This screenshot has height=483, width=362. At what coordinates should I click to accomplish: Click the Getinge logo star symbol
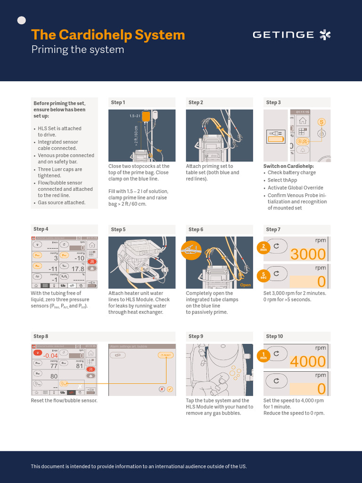click(325, 34)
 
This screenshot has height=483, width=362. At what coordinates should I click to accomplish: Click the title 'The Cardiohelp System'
click(108, 35)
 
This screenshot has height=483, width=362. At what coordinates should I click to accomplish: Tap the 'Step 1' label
click(118, 102)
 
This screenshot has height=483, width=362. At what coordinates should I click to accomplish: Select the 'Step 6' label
click(196, 229)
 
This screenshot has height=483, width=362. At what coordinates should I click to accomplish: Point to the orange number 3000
click(308, 254)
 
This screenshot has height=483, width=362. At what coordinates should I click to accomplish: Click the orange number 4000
click(308, 362)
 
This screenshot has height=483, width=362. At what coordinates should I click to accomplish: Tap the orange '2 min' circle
click(264, 247)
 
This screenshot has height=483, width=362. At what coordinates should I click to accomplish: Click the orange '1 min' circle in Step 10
click(264, 355)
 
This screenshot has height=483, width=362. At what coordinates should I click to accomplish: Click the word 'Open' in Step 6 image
click(245, 285)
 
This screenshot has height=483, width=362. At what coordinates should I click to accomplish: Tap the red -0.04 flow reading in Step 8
click(50, 356)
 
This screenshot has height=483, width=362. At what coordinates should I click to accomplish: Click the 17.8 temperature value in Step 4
click(78, 269)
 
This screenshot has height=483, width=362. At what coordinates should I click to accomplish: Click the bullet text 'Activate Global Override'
click(295, 188)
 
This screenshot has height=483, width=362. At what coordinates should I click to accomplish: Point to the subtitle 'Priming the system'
click(78, 50)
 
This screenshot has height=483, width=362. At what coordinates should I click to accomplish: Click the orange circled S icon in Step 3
click(321, 122)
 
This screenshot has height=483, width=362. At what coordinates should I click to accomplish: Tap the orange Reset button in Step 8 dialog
click(165, 355)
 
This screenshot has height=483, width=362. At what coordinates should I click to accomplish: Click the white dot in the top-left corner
click(21, 20)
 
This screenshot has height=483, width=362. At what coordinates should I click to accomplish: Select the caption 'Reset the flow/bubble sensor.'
click(64, 400)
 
